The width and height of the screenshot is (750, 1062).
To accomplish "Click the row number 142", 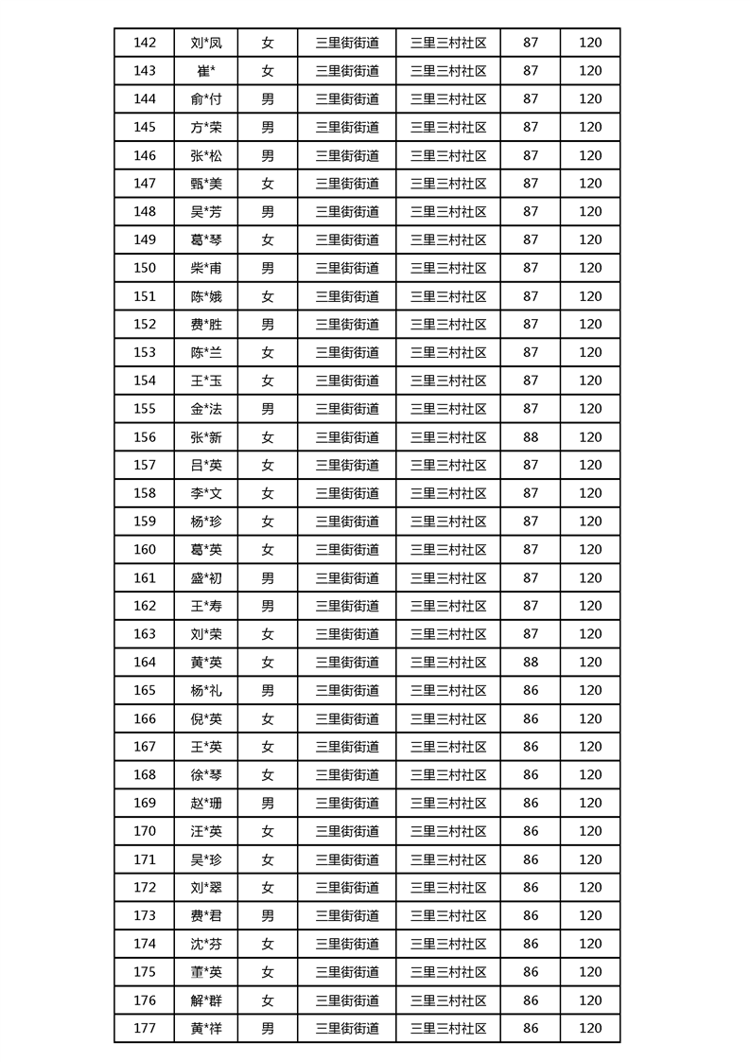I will click(x=145, y=43).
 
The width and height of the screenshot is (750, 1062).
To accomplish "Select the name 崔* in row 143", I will click(x=205, y=71).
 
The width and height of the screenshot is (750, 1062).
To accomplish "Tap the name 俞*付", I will click(x=205, y=99).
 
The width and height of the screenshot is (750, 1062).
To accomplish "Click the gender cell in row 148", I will click(x=268, y=212).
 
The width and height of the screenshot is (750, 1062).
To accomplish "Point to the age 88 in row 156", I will click(x=531, y=437).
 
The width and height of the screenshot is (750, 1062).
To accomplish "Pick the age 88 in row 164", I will click(x=531, y=663).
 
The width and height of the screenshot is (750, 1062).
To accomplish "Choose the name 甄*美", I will click(x=205, y=184).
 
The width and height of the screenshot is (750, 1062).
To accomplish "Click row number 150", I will click(x=145, y=268).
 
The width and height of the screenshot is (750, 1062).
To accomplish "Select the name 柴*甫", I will click(x=205, y=268).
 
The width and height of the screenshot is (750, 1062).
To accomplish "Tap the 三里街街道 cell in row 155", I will click(x=347, y=409).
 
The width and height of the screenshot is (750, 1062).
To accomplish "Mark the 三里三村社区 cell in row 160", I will click(x=448, y=550).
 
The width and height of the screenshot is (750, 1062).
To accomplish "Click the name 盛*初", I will click(x=205, y=578).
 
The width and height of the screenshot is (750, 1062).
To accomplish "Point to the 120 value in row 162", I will click(x=590, y=606).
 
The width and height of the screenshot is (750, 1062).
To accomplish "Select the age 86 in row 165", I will click(x=531, y=691).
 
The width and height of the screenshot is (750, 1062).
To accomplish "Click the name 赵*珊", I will click(x=205, y=804).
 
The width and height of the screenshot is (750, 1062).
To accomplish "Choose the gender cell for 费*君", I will click(x=268, y=916).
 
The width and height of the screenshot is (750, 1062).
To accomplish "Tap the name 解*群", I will click(x=205, y=1000).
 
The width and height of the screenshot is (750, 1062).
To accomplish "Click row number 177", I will click(x=145, y=1029).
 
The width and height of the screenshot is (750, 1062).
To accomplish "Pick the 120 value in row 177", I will click(x=590, y=1029).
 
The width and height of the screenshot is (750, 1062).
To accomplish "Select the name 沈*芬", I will click(x=205, y=944).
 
